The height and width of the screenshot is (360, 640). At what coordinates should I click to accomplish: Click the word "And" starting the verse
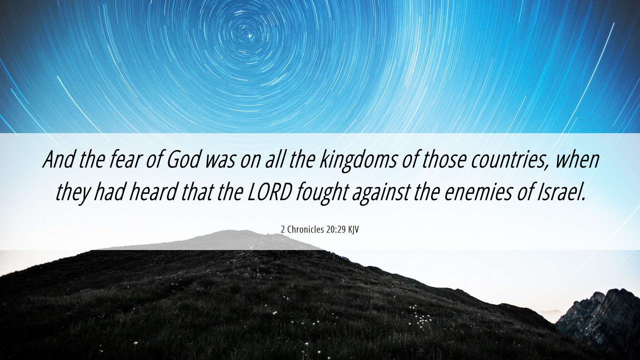point(59,159)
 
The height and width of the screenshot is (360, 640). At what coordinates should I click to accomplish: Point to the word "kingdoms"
point(358,161)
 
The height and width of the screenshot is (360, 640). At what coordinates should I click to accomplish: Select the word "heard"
point(153,192)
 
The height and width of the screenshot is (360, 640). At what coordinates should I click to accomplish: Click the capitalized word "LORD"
point(270,192)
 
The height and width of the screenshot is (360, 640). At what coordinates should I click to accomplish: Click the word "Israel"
point(561,192)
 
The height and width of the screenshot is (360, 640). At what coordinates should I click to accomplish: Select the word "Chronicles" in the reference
point(305,229)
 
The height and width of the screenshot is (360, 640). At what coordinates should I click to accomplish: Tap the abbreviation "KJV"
point(353,230)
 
